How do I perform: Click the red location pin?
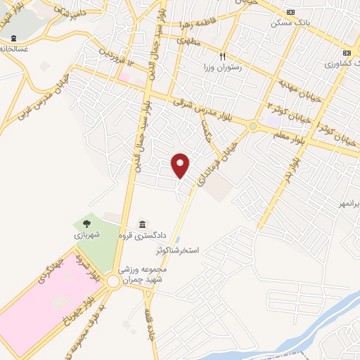click(181, 165)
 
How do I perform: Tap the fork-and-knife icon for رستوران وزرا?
click(222, 56)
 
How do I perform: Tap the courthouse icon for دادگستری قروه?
click(142, 224)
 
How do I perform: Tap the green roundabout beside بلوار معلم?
click(252, 127)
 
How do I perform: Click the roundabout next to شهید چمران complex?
click(112, 282)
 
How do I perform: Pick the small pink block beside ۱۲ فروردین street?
click(125, 75)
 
